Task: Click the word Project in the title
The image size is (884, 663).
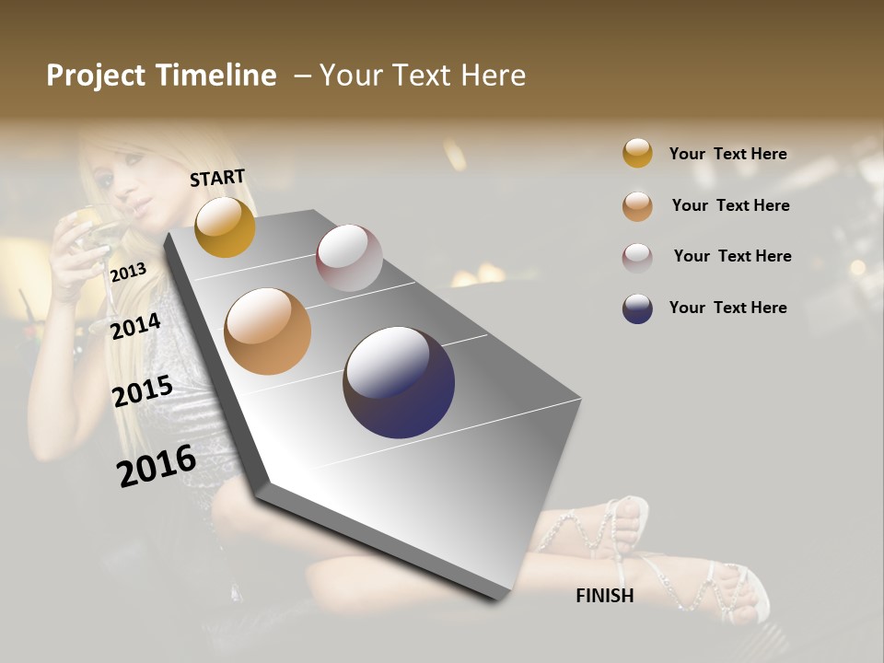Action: click(96, 76)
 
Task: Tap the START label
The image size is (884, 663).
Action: click(217, 178)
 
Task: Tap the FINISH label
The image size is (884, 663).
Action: click(605, 596)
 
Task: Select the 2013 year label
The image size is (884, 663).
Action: click(128, 273)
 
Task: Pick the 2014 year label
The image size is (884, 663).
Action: click(135, 326)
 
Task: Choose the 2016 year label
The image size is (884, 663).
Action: click(157, 466)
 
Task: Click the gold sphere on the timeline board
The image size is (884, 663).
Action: click(225, 227)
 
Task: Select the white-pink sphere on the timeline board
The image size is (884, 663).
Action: click(349, 257)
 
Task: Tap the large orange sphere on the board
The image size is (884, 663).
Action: click(268, 331)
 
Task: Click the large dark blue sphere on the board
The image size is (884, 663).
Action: click(399, 382)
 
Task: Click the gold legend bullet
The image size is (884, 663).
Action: click(637, 154)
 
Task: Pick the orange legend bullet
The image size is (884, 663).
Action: click(637, 205)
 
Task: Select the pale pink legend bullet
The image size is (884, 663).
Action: click(637, 257)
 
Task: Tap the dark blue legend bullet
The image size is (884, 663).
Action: click(637, 308)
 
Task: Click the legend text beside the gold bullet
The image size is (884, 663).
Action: click(728, 154)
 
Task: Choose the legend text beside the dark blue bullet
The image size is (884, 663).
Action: click(728, 308)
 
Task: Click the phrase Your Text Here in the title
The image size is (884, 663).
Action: click(423, 76)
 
